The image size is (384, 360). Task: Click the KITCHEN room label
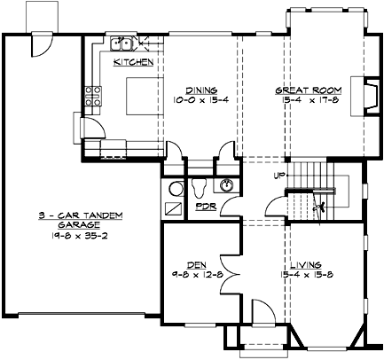(x=134, y=63)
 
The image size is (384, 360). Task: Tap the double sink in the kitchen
(x=121, y=43)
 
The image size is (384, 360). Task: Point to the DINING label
(x=200, y=89)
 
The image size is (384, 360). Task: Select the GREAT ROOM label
(x=296, y=89)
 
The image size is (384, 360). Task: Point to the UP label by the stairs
(x=281, y=175)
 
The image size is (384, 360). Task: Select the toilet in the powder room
(x=199, y=188)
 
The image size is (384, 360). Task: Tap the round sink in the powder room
(x=228, y=185)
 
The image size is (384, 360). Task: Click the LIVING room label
(x=304, y=263)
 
